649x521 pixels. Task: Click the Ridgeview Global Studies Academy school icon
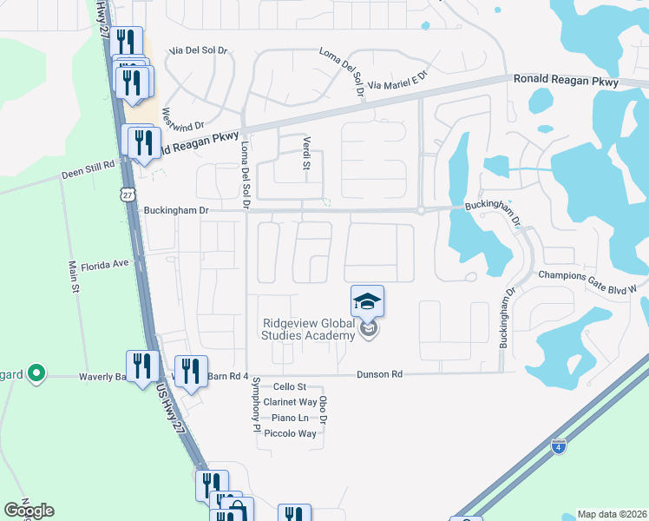coord(367,302)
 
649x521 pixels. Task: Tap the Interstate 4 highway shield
coord(560,447)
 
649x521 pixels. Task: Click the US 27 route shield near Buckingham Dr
coord(128,196)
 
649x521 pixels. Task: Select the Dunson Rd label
coord(379,374)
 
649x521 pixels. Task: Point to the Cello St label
coord(290,386)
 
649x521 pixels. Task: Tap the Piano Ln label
coord(291,418)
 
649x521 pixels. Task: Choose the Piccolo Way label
coord(290,433)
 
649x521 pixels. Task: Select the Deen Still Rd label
coord(88,173)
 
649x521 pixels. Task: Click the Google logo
coord(29,511)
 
